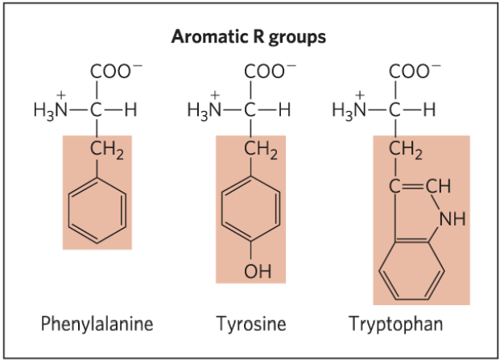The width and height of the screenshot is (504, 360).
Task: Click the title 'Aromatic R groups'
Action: pos(249,37)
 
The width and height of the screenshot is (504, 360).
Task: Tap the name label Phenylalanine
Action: pos(97,324)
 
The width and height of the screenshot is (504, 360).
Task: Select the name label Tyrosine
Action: pos(251,324)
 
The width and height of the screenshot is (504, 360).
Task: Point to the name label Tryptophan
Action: pos(395,324)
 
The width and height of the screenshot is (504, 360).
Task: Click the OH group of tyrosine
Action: pos(258,271)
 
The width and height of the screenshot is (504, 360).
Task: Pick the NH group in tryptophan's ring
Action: pos(452,219)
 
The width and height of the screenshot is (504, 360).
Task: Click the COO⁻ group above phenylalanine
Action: pos(116,71)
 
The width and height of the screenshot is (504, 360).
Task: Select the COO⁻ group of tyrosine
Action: pos(270,71)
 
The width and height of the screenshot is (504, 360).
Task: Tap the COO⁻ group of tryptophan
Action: pos(415,71)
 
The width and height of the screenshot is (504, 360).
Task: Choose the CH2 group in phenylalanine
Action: pos(107,150)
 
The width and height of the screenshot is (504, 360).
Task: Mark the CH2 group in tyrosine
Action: pos(261,150)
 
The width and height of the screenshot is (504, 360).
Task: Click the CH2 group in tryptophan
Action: pos(406,150)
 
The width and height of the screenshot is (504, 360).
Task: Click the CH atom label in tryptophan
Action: pos(439,186)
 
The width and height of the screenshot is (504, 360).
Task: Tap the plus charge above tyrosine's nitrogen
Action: pos(215,95)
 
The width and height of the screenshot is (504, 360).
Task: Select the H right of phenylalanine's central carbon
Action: pos(130,110)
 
